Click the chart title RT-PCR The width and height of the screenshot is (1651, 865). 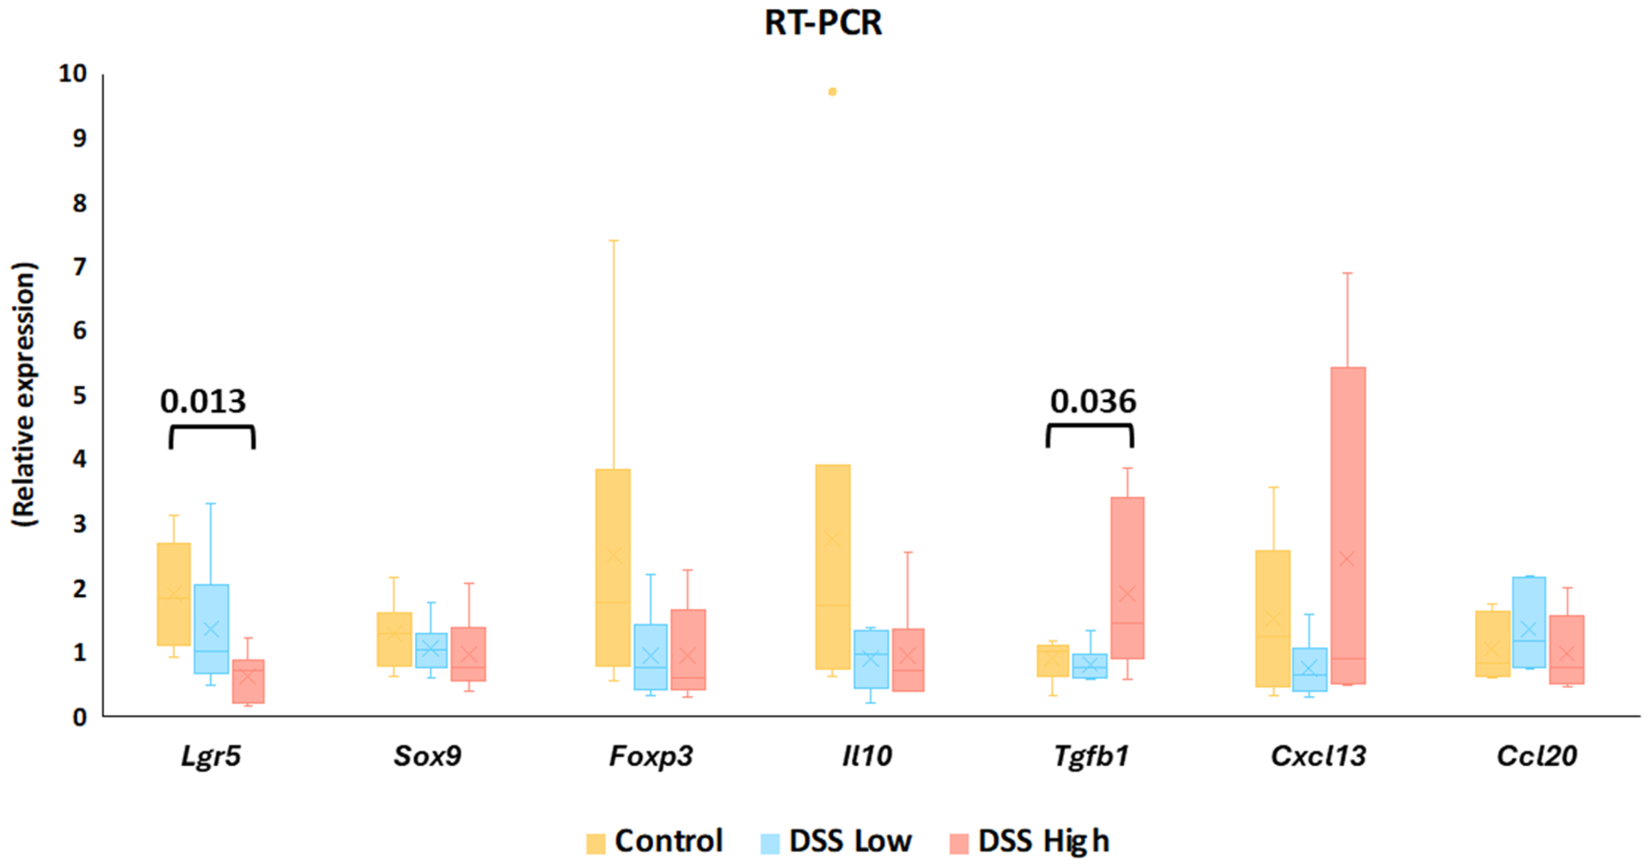(x=823, y=23)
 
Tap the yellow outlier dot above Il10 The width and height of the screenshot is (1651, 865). (x=832, y=92)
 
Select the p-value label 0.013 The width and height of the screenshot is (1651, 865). (x=203, y=402)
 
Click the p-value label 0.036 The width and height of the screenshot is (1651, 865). (x=1093, y=402)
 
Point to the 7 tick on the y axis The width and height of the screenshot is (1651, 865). (x=79, y=267)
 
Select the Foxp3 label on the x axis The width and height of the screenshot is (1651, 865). (x=651, y=756)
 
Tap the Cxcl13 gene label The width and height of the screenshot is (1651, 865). (x=1318, y=756)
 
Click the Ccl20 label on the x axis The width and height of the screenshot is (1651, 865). (x=1536, y=756)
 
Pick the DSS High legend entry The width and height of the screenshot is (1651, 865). (x=1029, y=841)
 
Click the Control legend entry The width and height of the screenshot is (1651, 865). (x=655, y=841)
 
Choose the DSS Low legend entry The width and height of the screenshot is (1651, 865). (x=836, y=841)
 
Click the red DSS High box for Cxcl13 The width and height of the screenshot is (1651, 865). (x=1348, y=526)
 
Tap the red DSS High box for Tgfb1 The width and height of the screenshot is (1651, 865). (x=1127, y=576)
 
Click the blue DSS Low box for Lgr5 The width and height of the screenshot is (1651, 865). (x=211, y=628)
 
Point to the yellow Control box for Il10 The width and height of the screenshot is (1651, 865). (x=832, y=567)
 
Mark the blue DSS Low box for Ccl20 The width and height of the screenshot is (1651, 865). (x=1529, y=622)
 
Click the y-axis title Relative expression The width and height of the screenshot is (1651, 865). (x=24, y=394)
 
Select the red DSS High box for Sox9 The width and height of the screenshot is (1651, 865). (x=468, y=654)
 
